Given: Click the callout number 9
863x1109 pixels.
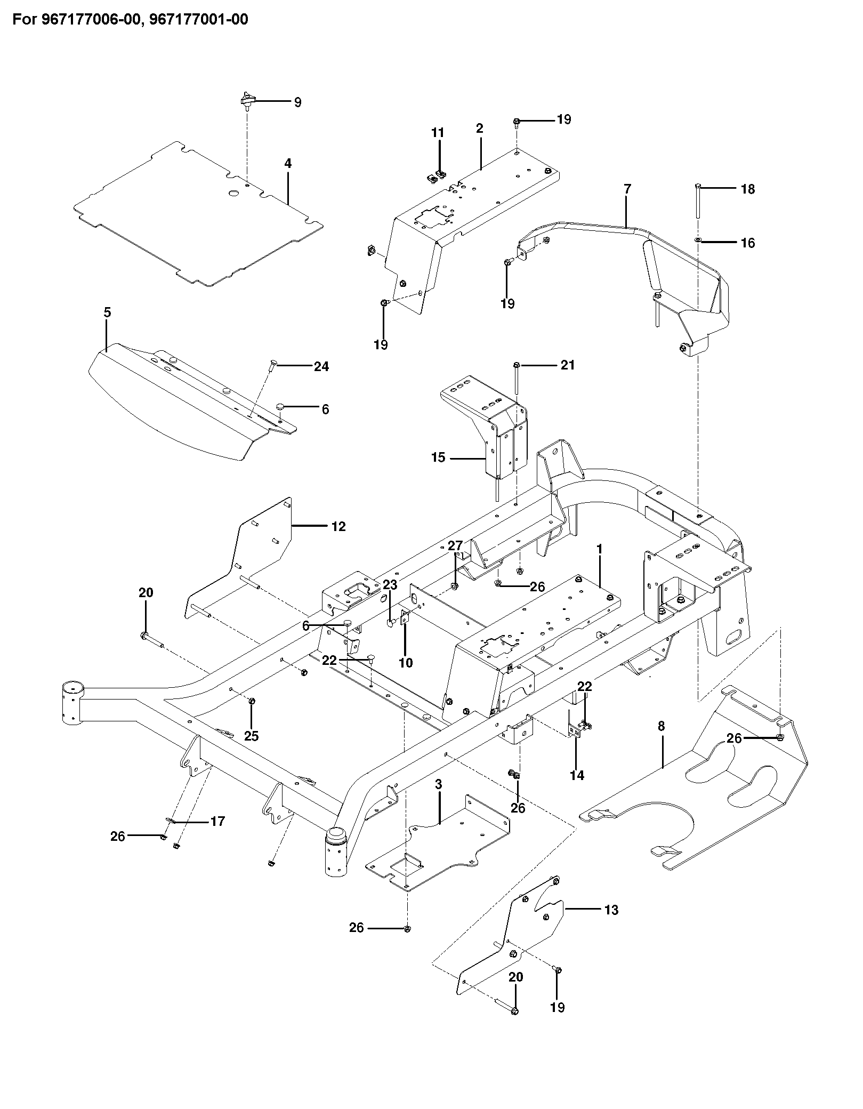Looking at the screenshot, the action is [297, 102].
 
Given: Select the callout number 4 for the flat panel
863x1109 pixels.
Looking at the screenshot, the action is [288, 164].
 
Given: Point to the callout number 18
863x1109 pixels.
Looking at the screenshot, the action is [748, 189].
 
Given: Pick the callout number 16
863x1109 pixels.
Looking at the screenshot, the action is [748, 243].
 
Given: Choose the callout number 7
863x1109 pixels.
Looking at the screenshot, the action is [627, 189].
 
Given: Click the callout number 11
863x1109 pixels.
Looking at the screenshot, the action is [438, 132].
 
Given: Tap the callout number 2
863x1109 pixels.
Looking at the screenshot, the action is [480, 128].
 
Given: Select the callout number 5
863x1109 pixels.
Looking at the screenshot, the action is [107, 313].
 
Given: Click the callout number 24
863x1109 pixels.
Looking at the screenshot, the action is [321, 366].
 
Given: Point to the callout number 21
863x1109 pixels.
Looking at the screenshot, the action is [568, 365].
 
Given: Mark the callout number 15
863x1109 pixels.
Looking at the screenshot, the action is [438, 457].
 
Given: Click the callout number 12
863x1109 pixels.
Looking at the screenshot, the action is [338, 527].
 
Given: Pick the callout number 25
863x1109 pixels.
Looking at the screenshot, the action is [251, 736].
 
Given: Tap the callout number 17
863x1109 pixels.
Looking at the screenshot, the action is [217, 822].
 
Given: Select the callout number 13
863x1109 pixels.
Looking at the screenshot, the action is [611, 910].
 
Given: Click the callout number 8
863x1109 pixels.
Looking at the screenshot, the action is [662, 726].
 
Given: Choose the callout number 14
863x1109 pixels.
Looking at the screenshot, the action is [577, 776].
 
